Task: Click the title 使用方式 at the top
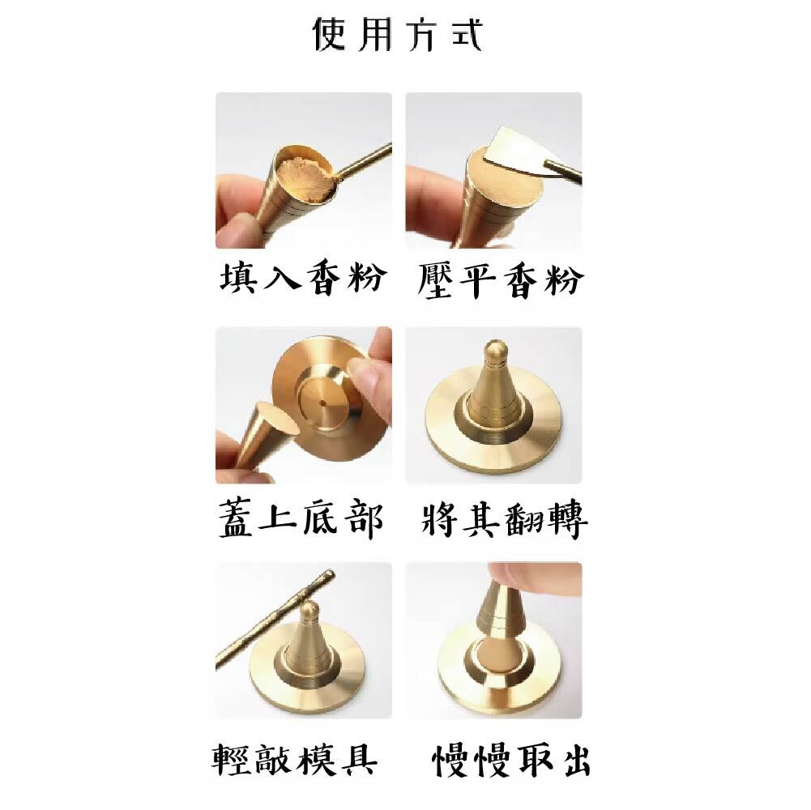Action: [399, 35]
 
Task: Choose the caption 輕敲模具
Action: [295, 759]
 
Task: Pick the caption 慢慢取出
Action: [510, 759]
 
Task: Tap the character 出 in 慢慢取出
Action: [573, 759]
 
